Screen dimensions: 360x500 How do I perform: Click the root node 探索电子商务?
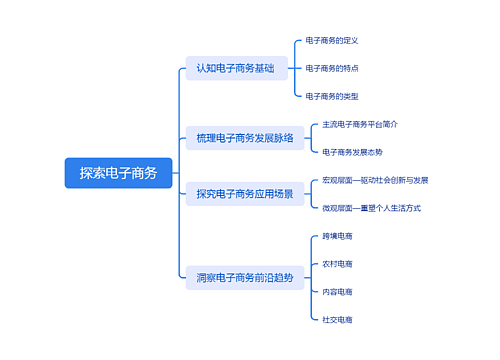pos(118,172)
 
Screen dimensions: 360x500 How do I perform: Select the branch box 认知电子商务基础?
pos(235,69)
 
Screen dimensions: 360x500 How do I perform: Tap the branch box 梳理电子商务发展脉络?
pos(245,138)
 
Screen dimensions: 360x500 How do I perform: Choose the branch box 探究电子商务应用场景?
pos(245,194)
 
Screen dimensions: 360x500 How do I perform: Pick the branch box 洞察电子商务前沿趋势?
pos(245,276)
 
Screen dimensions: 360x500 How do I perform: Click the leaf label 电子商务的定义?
pos(331,41)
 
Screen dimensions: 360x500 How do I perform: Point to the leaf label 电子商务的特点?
pos(331,69)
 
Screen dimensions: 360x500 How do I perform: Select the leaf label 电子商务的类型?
pos(331,96)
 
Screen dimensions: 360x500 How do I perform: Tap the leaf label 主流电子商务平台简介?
pos(360,124)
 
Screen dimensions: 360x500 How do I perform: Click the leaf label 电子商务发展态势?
pos(352,152)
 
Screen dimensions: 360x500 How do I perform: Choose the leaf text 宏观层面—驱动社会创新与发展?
pos(375,180)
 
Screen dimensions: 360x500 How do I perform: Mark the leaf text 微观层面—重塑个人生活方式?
pos(371,208)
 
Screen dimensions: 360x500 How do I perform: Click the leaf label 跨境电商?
pos(337,236)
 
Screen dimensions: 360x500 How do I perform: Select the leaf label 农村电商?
pos(337,264)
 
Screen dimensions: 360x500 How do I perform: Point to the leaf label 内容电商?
pos(337,291)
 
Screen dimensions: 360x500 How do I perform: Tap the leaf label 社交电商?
pos(337,319)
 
